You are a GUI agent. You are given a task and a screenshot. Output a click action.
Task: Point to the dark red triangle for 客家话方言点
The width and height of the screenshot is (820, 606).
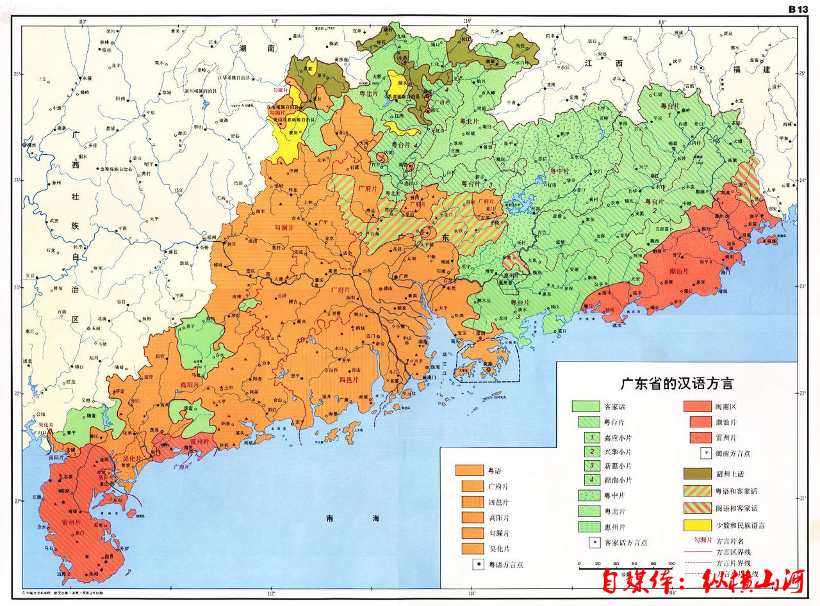click(x=593, y=542)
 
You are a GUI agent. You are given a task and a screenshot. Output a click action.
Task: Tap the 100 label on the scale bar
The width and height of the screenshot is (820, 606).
click(x=671, y=562)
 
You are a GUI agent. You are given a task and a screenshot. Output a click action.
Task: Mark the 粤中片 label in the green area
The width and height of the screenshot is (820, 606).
click(x=559, y=171)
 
